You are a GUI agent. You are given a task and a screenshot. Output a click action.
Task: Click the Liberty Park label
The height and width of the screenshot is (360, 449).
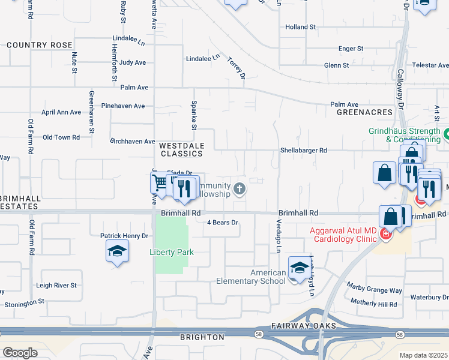pyautogui.click(x=172, y=252)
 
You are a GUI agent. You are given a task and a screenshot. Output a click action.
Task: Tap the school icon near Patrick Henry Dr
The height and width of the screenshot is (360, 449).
pyautogui.click(x=117, y=252)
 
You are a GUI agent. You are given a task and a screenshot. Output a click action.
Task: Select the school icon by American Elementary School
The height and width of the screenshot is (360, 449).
pyautogui.click(x=300, y=268)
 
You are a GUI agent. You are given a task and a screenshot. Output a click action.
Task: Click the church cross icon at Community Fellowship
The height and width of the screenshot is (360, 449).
pyautogui.click(x=240, y=190)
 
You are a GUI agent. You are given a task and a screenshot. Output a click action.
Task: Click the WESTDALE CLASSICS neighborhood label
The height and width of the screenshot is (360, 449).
pyautogui.click(x=181, y=149)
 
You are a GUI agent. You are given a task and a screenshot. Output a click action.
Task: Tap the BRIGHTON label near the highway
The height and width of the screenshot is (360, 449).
pyautogui.click(x=202, y=337)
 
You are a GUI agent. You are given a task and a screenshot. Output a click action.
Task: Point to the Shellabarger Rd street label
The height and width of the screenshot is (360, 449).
pyautogui.click(x=303, y=151)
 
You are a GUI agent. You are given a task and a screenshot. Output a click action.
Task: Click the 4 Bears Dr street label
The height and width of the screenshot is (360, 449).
pyautogui.click(x=223, y=223)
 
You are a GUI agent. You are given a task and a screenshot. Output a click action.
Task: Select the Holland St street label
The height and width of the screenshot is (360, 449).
pyautogui.click(x=300, y=27)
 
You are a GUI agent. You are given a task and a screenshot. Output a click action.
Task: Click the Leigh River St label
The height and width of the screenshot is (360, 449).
pyautogui.click(x=56, y=286)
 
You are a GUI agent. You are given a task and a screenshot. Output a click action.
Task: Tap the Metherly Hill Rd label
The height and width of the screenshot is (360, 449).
pyautogui.click(x=374, y=304)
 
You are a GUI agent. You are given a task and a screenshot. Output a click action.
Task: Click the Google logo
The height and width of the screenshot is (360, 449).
pyautogui.click(x=20, y=353)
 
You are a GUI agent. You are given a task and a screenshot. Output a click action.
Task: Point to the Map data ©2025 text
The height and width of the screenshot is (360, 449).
pyautogui.click(x=423, y=355)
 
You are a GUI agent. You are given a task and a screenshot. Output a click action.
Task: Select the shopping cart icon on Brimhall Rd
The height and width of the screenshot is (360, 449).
pyautogui.click(x=160, y=182)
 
